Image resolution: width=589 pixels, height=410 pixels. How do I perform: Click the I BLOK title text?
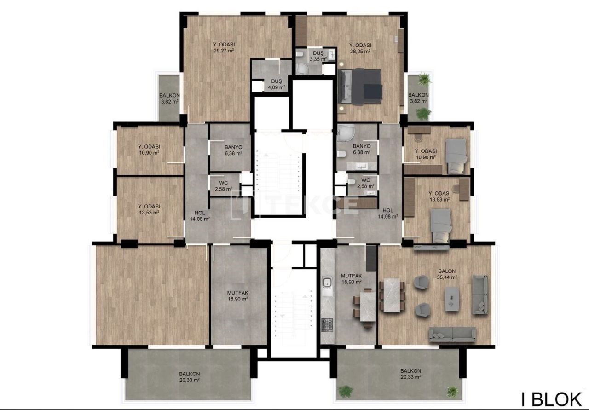[551, 398]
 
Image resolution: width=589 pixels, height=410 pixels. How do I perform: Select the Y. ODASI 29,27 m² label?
[224, 47]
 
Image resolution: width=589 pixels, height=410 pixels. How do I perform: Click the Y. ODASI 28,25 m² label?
[360, 48]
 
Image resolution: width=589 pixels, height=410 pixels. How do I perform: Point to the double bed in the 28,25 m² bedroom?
[361, 86]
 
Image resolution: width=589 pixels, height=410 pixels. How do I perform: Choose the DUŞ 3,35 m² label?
[318, 56]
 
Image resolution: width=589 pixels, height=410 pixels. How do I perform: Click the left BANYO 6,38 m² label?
[233, 150]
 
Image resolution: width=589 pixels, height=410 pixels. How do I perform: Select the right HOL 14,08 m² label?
[387, 214]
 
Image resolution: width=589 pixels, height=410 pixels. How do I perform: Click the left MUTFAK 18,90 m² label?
[238, 295]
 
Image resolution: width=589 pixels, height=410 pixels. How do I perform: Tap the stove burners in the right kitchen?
[327, 324]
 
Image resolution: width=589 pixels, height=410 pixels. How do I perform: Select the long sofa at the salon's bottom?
[452, 335]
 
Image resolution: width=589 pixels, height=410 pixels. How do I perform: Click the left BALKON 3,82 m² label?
[169, 98]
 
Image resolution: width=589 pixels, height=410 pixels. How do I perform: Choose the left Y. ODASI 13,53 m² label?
[149, 209]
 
